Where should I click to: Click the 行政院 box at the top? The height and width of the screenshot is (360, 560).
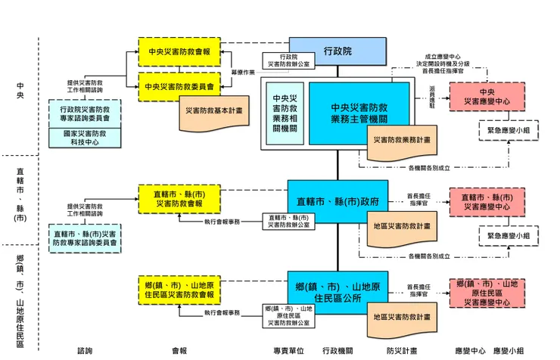[x=337, y=51]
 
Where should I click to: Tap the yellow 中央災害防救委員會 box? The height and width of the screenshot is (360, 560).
[x=179, y=86]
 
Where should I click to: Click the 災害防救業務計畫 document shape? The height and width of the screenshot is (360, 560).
[x=402, y=140]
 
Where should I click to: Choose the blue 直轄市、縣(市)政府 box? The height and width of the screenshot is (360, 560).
[x=337, y=202]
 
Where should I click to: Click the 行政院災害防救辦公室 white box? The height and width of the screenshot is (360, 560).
[x=286, y=61]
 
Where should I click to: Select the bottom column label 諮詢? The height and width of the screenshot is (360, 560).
[x=85, y=351]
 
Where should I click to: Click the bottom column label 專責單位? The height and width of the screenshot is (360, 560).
[x=288, y=351]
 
